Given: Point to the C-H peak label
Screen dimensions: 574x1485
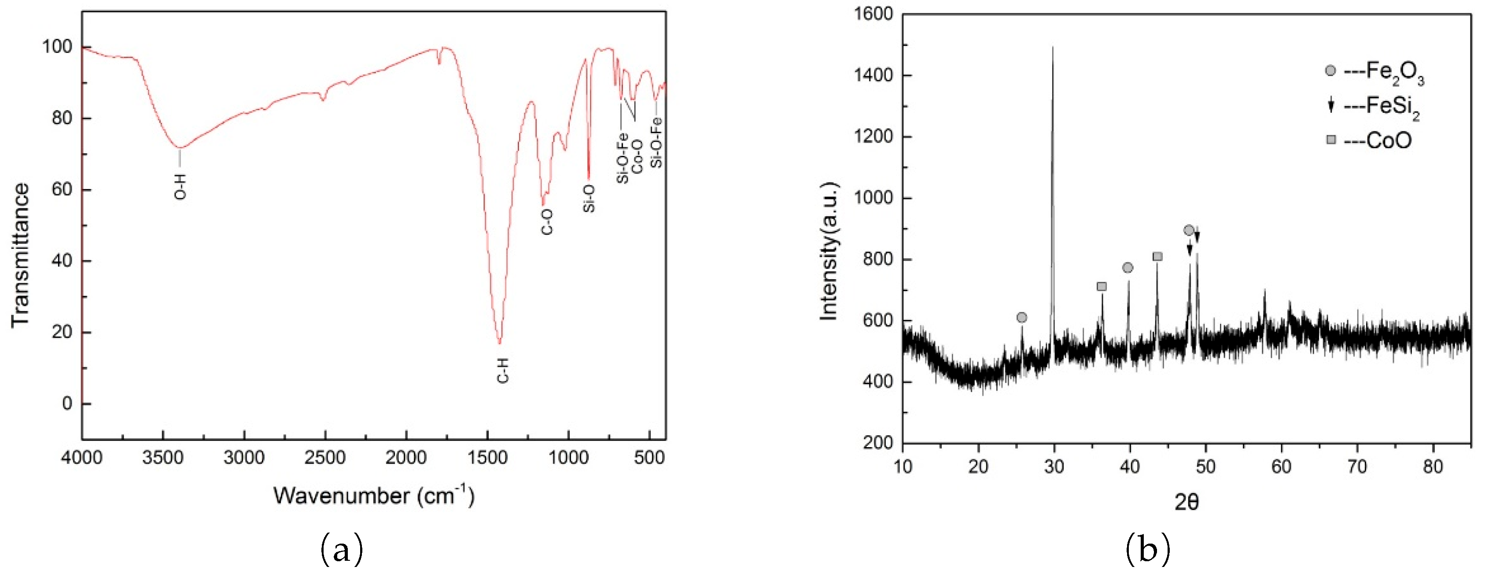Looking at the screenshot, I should click(x=503, y=370).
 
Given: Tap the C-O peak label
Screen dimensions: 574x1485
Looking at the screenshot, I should click(x=546, y=222).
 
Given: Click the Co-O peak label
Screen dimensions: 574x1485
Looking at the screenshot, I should click(x=637, y=156).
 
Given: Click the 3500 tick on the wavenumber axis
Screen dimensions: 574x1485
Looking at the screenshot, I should click(x=163, y=459).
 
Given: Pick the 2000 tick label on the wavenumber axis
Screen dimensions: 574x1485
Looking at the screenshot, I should click(x=406, y=459).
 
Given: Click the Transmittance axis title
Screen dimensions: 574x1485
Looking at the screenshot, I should click(x=21, y=255).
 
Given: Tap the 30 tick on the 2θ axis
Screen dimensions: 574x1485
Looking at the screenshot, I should click(x=1054, y=466).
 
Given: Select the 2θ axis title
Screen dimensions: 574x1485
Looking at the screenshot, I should click(x=1187, y=503).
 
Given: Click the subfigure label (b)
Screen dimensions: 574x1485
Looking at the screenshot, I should click(x=1148, y=550).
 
